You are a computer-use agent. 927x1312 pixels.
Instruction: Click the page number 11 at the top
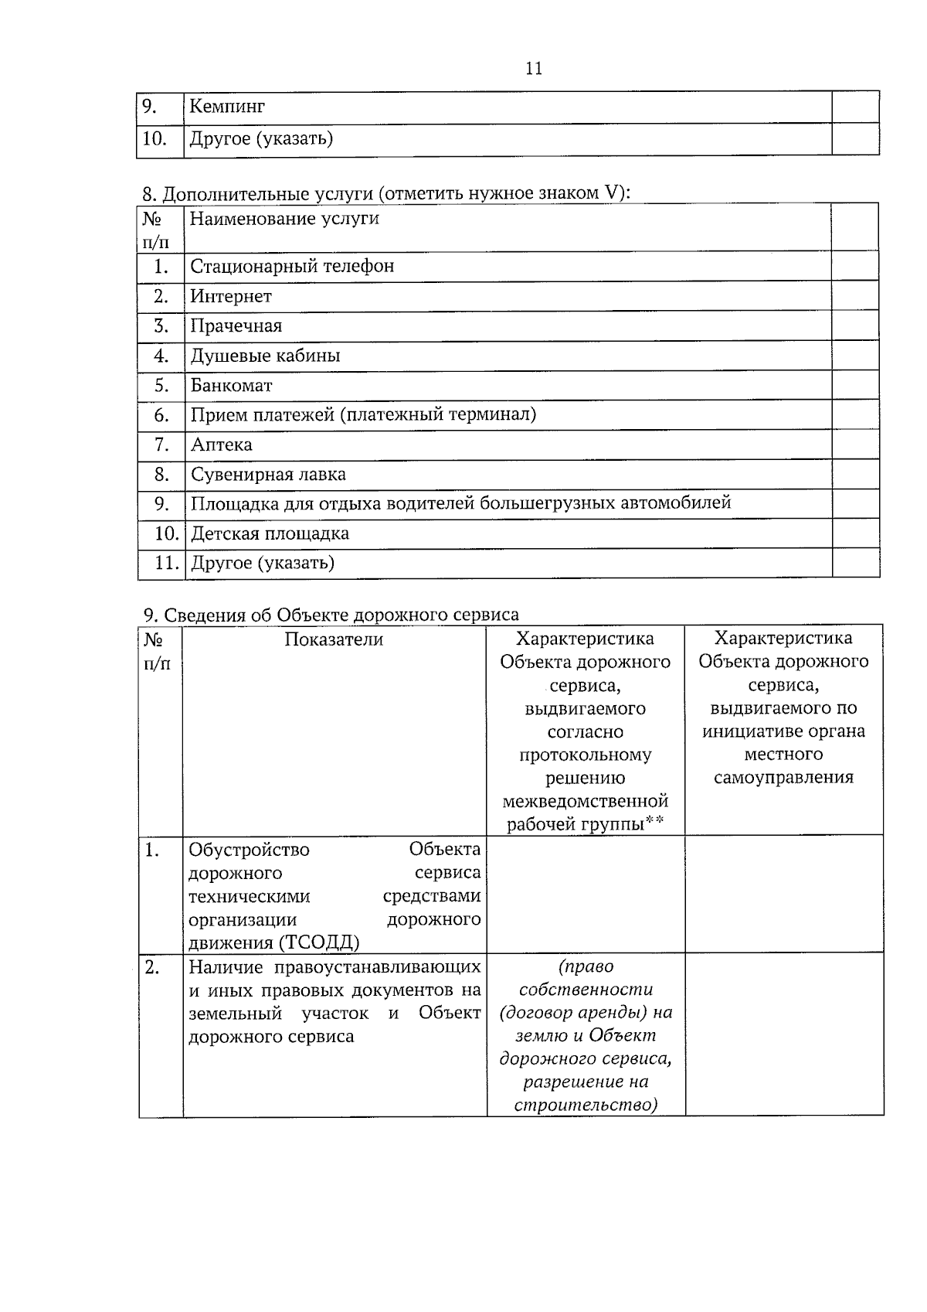pyautogui.click(x=534, y=68)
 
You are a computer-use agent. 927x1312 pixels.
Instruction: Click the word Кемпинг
pyautogui.click(x=227, y=107)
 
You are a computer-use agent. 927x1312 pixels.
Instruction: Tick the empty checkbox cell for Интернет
pyautogui.click(x=855, y=296)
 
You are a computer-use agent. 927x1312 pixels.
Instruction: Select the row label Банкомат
pyautogui.click(x=232, y=385)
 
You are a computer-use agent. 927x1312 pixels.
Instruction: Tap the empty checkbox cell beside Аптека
pyautogui.click(x=855, y=445)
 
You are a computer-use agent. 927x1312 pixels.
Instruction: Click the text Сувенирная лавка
pyautogui.click(x=268, y=474)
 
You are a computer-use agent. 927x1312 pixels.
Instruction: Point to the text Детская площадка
pyautogui.click(x=270, y=533)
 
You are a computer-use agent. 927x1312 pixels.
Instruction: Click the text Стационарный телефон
pyautogui.click(x=292, y=267)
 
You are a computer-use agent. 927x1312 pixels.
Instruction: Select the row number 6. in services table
pyautogui.click(x=161, y=415)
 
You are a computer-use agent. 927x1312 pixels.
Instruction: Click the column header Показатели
pyautogui.click(x=334, y=639)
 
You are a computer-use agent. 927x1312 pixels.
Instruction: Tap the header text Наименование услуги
pyautogui.click(x=284, y=219)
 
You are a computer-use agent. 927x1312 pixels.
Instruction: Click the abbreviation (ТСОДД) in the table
pyautogui.click(x=319, y=942)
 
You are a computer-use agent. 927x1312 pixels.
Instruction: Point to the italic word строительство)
pyautogui.click(x=586, y=1105)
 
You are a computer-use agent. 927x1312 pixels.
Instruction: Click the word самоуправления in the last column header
pyautogui.click(x=783, y=778)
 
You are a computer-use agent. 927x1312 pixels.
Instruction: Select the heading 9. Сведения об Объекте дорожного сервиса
pyautogui.click(x=331, y=615)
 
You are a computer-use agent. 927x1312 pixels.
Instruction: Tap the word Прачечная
pyautogui.click(x=236, y=325)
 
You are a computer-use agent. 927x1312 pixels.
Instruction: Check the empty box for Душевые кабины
pyautogui.click(x=855, y=356)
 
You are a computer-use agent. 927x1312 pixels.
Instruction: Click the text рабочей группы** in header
pyautogui.click(x=585, y=824)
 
